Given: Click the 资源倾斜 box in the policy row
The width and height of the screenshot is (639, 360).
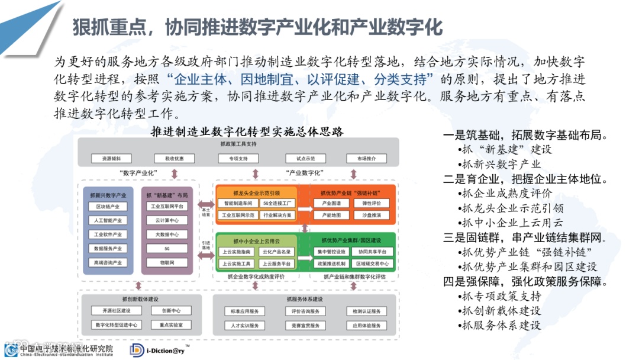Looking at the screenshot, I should coord(111,159).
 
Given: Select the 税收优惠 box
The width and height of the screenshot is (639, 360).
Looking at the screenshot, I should coord(174,159).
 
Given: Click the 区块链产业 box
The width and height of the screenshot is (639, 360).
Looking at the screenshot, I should coord(108,207).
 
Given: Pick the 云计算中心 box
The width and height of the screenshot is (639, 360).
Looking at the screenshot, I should coord(166,220).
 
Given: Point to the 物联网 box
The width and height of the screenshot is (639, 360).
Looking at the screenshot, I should coord(166,262).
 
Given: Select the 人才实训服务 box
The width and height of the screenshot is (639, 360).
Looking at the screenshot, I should coord(244,325).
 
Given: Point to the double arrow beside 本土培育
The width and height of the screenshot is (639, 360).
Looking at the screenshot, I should coord(206,203).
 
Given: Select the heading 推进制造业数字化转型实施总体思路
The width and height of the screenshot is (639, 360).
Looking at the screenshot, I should coord(247,131).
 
